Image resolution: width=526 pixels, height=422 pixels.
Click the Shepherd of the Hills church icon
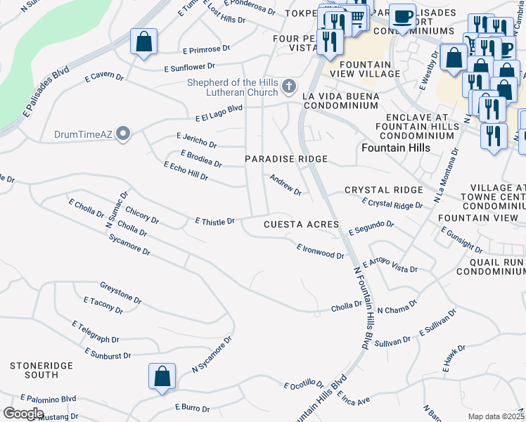coord(288,87)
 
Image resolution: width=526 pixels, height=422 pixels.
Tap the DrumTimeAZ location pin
coord(124,134)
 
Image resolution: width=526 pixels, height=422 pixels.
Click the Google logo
coord(23,413)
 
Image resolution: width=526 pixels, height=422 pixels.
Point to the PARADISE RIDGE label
coord(286,160)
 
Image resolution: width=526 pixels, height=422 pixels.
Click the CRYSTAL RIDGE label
coord(383,190)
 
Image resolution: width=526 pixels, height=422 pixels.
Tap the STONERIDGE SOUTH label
coord(34,371)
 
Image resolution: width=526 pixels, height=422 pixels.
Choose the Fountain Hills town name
coord(394,148)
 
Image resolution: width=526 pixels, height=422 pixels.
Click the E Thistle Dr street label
coord(214,222)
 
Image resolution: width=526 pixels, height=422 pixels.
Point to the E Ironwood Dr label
coord(320,252)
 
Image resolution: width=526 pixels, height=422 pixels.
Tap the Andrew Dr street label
coord(286,186)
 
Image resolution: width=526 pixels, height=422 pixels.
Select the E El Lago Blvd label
coord(219,113)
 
